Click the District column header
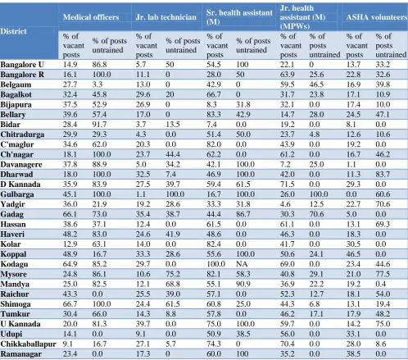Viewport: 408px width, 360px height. (x=13, y=31)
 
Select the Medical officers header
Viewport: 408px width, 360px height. (x=91, y=17)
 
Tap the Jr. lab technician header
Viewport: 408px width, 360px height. (x=166, y=17)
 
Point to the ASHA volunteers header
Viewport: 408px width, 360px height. (x=377, y=17)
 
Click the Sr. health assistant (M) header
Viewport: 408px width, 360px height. (x=239, y=17)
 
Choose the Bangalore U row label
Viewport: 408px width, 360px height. (x=22, y=65)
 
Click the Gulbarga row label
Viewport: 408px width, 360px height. (x=17, y=194)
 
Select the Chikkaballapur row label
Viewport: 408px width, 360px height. (x=28, y=344)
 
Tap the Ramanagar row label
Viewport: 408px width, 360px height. (x=21, y=354)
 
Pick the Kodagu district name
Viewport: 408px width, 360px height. (x=14, y=264)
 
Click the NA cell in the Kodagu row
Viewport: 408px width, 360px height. (x=242, y=264)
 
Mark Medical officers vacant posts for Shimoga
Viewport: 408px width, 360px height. (x=70, y=304)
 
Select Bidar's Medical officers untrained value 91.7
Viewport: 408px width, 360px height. (x=99, y=125)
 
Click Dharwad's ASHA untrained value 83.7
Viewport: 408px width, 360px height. (x=383, y=175)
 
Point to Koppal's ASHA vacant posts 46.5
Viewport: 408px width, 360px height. (x=353, y=254)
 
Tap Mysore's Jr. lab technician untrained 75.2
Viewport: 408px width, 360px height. (x=173, y=274)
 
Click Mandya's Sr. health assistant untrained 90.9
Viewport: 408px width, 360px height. (x=243, y=284)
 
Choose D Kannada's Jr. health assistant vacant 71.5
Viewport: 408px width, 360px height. (x=288, y=185)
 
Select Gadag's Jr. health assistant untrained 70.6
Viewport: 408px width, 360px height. (x=316, y=214)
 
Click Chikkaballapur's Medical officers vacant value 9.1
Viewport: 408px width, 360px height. (x=68, y=344)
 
